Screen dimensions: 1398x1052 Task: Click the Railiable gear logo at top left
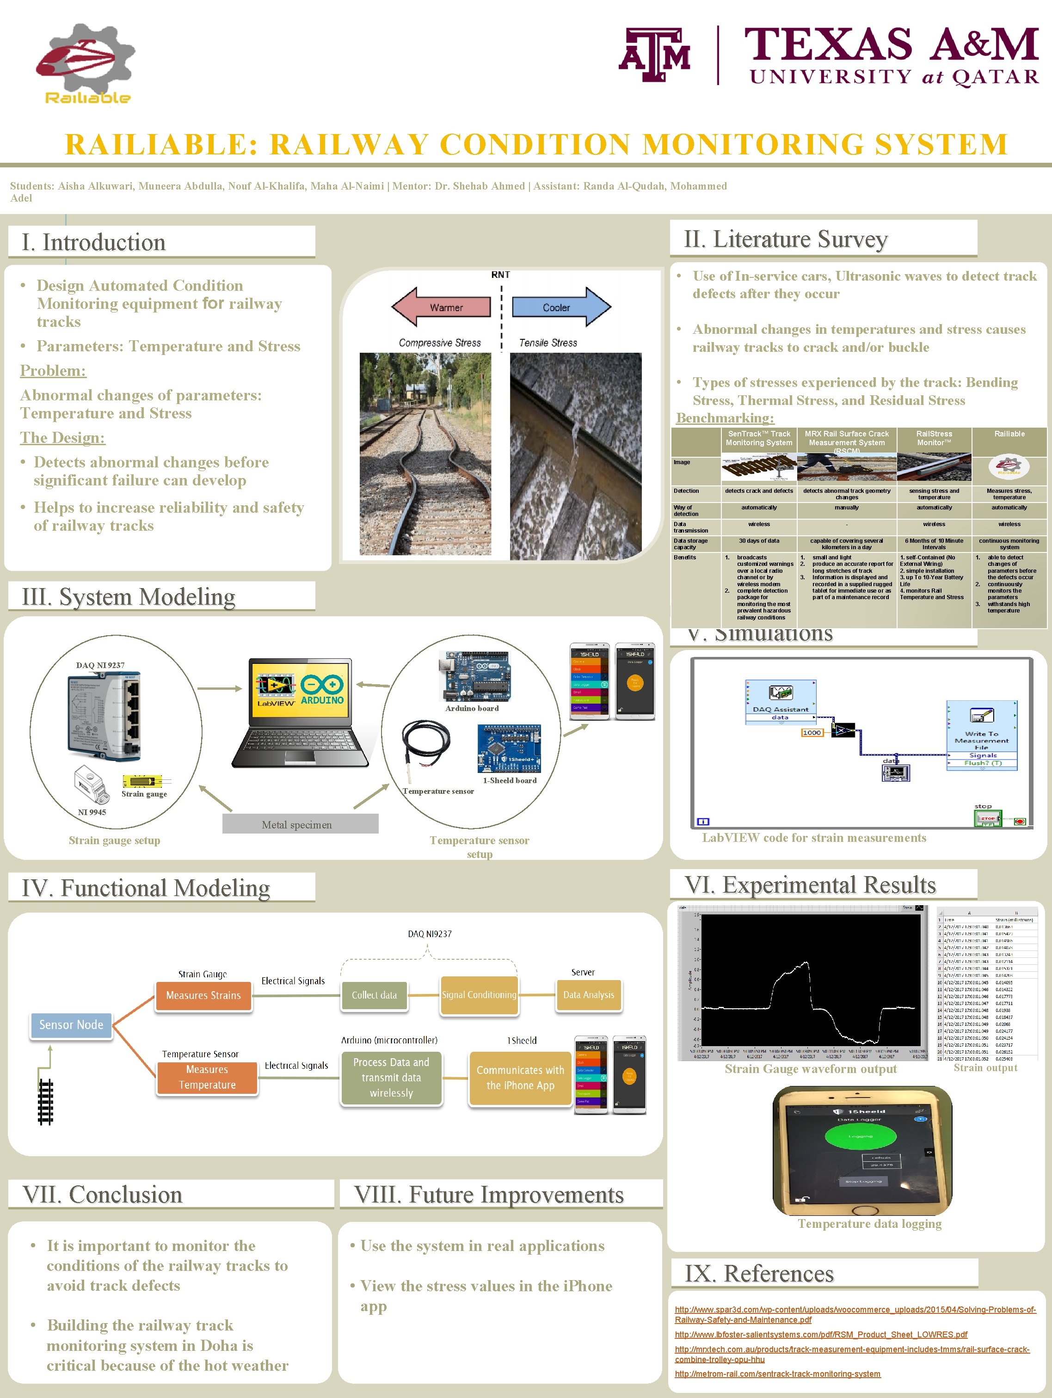point(86,63)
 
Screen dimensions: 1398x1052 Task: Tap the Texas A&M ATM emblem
point(654,55)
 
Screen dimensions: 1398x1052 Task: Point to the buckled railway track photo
point(425,454)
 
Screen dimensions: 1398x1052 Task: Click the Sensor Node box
point(71,1024)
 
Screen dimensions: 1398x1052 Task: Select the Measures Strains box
point(203,995)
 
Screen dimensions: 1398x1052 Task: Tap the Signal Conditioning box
point(479,995)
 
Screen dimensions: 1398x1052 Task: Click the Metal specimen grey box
point(300,824)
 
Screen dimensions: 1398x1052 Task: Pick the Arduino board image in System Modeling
point(474,676)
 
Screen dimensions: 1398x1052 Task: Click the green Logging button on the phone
point(861,1136)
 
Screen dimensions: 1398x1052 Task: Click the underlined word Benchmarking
point(725,418)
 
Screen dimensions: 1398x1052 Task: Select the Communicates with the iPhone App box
point(520,1078)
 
